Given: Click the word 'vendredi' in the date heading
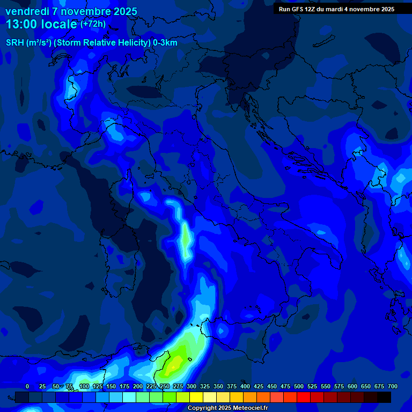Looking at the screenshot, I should coord(25,11).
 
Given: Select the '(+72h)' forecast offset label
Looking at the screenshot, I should coord(93,24).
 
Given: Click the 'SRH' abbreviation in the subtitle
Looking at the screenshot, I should coord(15,43).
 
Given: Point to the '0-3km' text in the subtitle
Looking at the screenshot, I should coord(165,43).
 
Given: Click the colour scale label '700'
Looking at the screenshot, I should coord(392,386).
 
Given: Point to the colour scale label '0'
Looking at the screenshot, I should coord(27,386).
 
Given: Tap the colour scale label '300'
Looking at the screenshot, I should coord(192,386).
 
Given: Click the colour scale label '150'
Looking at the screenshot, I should coord(111,386).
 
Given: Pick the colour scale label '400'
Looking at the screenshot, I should coord(245,386).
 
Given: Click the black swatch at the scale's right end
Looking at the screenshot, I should coord(384,397).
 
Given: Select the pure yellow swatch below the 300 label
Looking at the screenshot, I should coord(196,397).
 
